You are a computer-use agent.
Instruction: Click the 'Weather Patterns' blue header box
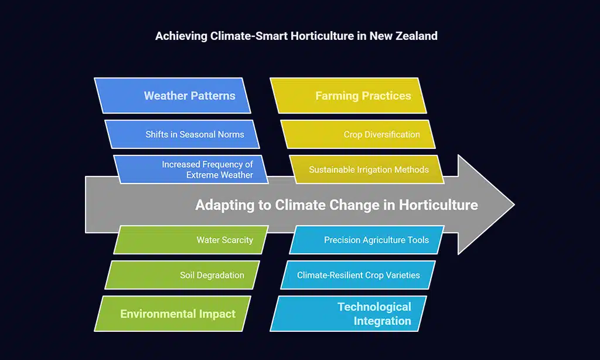pyautogui.click(x=173, y=96)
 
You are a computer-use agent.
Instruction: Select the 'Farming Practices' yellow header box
pyautogui.click(x=348, y=96)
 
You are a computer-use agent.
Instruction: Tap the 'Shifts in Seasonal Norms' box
pyautogui.click(x=182, y=134)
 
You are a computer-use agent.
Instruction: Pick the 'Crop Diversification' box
pyautogui.click(x=358, y=134)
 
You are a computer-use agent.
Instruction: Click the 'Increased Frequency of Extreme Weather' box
pyautogui.click(x=191, y=169)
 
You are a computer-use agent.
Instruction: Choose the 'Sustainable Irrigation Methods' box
pyautogui.click(x=367, y=169)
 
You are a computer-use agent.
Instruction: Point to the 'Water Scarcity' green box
pyautogui.click(x=191, y=240)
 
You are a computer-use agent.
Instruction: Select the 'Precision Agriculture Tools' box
pyautogui.click(x=367, y=240)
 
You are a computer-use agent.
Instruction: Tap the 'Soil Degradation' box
pyautogui.click(x=182, y=275)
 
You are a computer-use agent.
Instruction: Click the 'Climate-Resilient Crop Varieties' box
pyautogui.click(x=358, y=275)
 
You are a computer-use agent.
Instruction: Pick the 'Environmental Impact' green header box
pyautogui.click(x=173, y=314)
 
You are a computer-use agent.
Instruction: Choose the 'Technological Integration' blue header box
pyautogui.click(x=348, y=314)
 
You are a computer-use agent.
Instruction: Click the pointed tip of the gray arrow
pyautogui.click(x=514, y=205)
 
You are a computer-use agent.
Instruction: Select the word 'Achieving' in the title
pyautogui.click(x=181, y=36)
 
